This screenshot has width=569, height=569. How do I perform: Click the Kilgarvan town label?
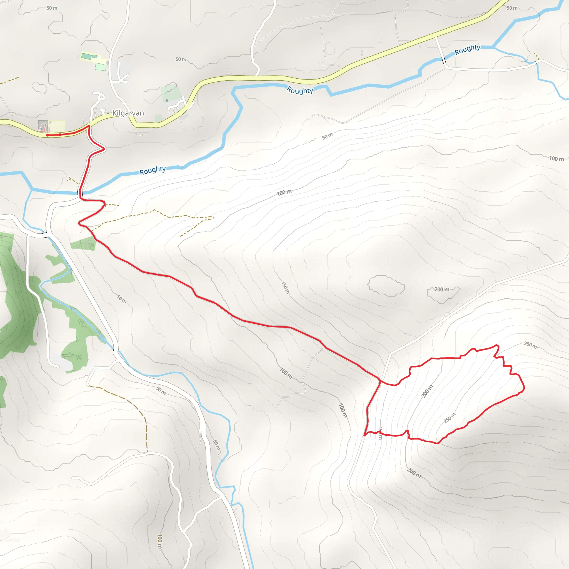point(128,113)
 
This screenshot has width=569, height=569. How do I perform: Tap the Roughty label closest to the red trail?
point(152,170)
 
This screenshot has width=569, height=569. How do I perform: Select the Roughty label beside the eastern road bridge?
point(467,49)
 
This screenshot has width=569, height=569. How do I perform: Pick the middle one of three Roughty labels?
point(300,90)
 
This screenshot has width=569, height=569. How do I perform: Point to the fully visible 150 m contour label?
point(285,288)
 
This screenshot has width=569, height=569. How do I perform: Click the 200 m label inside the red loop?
point(427,391)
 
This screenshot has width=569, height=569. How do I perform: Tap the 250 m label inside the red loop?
point(450,418)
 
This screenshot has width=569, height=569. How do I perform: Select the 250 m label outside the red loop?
point(530,345)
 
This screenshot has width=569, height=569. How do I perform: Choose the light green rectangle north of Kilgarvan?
point(100,67)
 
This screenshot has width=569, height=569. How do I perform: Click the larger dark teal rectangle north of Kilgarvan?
point(86,56)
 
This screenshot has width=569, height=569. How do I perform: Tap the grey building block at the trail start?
point(43,126)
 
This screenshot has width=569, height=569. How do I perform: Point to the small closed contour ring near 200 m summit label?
point(386,285)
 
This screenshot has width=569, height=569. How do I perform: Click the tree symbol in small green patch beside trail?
point(92,245)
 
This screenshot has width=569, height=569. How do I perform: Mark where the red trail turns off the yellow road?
point(89,126)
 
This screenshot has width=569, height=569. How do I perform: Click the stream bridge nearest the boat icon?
point(116,350)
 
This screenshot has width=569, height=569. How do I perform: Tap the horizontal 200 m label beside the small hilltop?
point(442,290)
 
